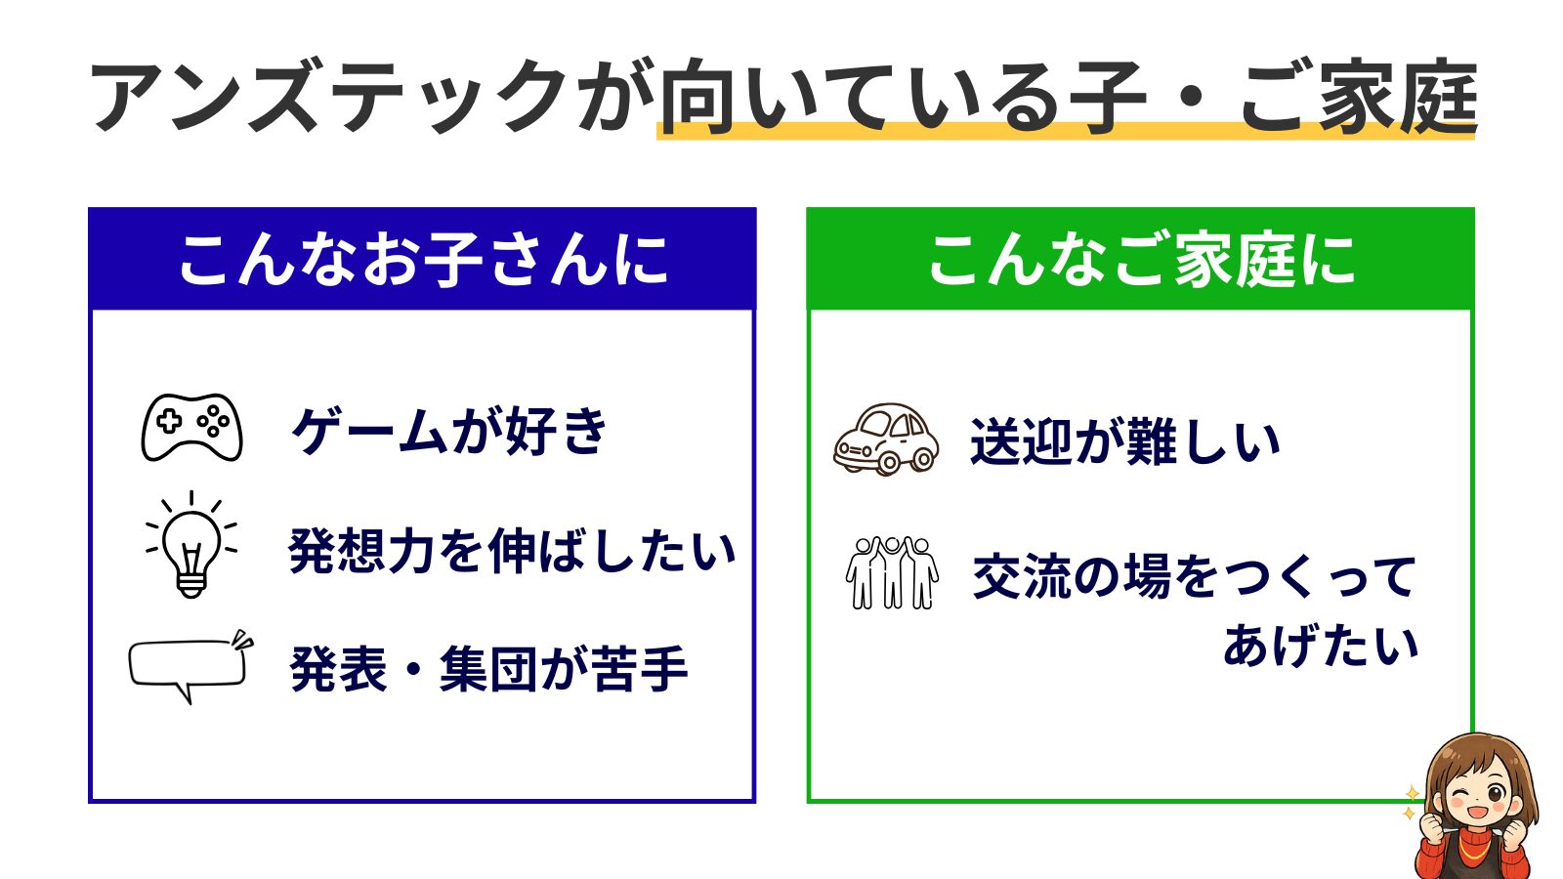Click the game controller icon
coord(191,428)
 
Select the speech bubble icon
coord(190,666)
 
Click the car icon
coord(886,439)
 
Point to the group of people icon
coord(891,573)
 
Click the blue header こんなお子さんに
coord(422,260)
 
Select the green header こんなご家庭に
coord(1140,260)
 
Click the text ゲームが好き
coord(449,431)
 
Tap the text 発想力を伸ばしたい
coord(512,551)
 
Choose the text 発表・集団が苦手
coord(488,670)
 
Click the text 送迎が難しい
coord(1124,442)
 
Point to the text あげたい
coord(1320,646)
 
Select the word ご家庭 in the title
coord(1358,98)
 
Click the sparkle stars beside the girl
coord(1410,803)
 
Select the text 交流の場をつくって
coord(1194,576)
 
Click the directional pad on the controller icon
coord(170,422)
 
